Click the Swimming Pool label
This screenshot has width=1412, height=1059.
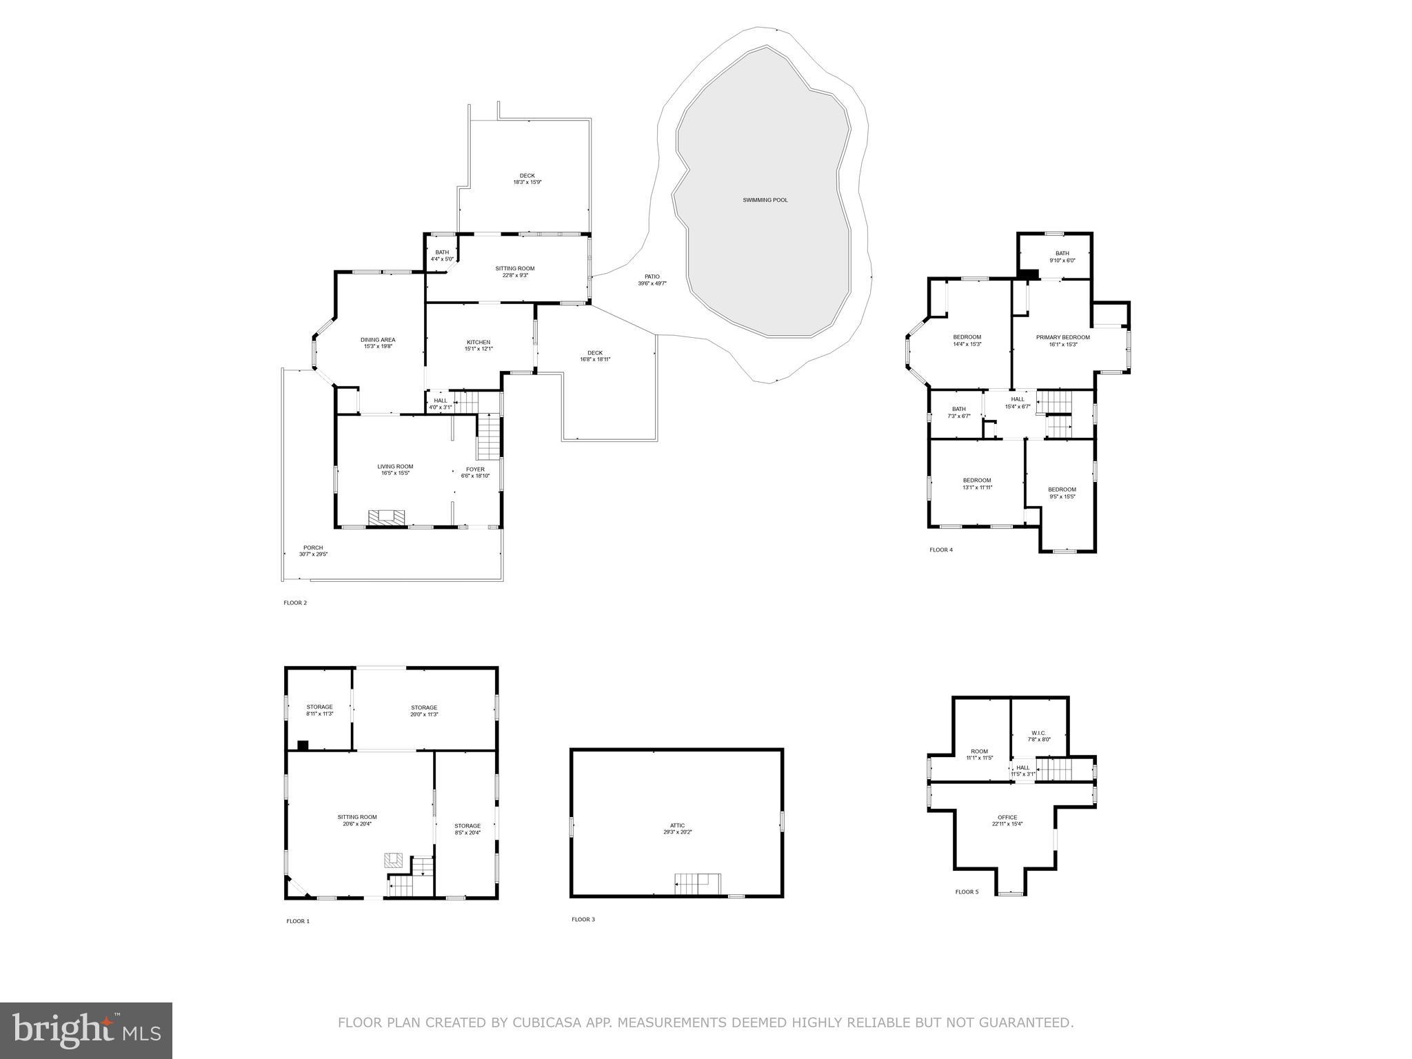(765, 200)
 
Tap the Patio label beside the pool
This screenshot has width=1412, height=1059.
(652, 280)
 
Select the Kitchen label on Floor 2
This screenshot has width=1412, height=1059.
(478, 345)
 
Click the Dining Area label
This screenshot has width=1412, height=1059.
(378, 343)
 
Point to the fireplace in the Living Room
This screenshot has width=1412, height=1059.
(386, 517)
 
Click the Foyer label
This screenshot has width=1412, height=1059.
(475, 472)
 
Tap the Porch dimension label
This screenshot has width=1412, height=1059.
(313, 551)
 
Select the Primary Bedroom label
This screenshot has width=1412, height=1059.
(1062, 341)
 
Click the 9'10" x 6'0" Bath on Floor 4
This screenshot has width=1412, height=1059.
(1062, 256)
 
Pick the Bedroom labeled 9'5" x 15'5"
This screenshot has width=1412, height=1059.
(1062, 493)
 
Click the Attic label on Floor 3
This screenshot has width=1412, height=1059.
(677, 828)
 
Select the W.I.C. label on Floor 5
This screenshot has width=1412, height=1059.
(1039, 736)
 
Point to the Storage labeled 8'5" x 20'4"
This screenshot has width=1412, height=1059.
(467, 829)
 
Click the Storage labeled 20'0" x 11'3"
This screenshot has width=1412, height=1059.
(424, 711)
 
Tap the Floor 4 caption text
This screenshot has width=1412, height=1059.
(940, 549)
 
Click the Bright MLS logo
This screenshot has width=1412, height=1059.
(86, 1030)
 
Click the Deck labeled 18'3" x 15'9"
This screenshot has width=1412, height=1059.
(527, 179)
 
